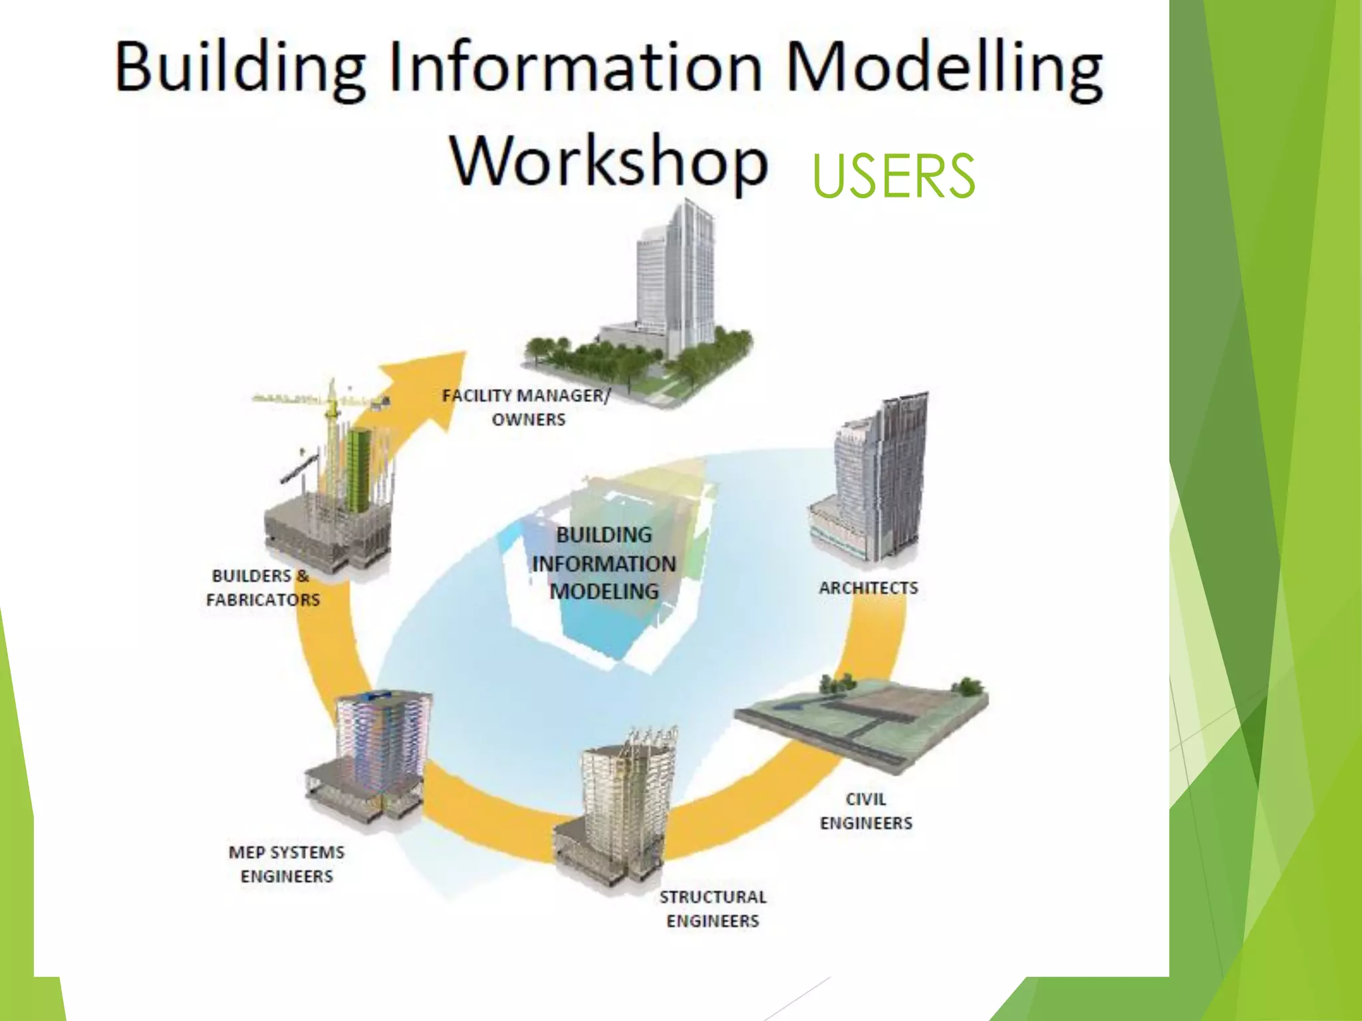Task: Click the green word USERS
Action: coord(893,175)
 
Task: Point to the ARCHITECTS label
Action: coord(868,588)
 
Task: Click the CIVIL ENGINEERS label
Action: coord(866,811)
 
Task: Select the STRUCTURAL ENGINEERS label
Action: coord(713,909)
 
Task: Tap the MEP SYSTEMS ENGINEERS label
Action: coord(287,863)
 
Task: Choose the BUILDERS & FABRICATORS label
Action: coord(263,588)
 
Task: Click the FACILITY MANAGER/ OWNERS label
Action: coord(527,407)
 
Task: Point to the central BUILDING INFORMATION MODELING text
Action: coord(604,563)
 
